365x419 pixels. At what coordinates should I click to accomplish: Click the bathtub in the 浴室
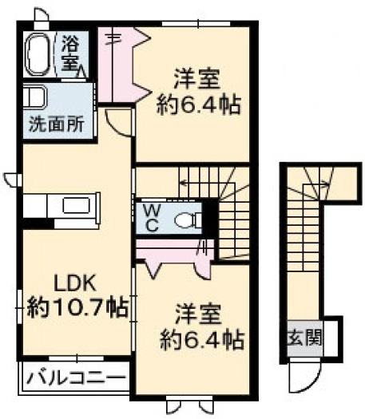pyautogui.click(x=38, y=54)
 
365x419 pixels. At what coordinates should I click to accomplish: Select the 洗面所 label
pyautogui.click(x=57, y=124)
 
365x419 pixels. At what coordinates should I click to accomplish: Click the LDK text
pyautogui.click(x=75, y=284)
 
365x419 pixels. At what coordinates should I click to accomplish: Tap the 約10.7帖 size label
pyautogui.click(x=77, y=308)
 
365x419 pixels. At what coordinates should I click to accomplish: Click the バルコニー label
pyautogui.click(x=77, y=378)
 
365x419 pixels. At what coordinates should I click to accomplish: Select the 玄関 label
pyautogui.click(x=305, y=338)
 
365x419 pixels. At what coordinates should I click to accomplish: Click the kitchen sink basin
pyautogui.click(x=77, y=205)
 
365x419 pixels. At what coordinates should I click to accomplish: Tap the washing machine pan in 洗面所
pyautogui.click(x=35, y=97)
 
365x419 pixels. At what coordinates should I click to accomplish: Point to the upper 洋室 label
pyautogui.click(x=197, y=79)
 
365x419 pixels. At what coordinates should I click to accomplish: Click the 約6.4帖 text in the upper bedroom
pyautogui.click(x=199, y=105)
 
